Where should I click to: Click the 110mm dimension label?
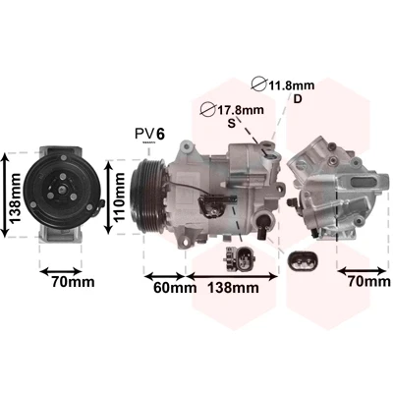(120, 196)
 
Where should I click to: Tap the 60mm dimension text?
(175, 288)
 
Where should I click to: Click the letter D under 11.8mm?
(298, 98)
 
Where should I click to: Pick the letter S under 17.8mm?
(232, 123)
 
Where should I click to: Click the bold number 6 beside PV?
(160, 134)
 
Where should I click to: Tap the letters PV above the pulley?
(144, 134)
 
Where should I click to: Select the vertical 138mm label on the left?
(15, 197)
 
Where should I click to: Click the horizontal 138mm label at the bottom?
(234, 288)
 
